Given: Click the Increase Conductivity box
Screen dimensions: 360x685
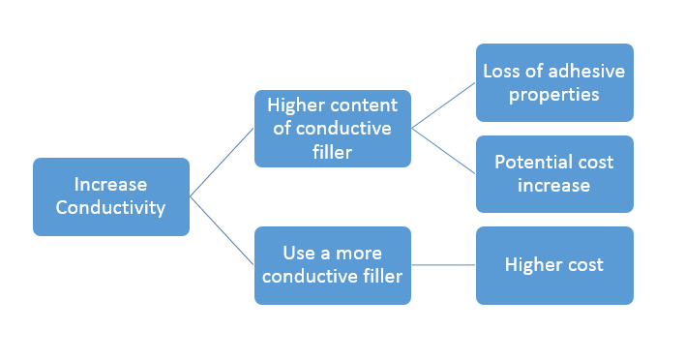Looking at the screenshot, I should click(x=110, y=196).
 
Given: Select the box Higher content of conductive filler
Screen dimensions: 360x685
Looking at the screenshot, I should click(x=332, y=128).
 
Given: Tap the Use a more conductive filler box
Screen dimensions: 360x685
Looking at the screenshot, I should click(x=332, y=264).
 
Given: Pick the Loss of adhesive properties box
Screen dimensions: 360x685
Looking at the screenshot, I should click(x=554, y=82).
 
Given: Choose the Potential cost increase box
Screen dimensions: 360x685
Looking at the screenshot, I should click(x=554, y=173).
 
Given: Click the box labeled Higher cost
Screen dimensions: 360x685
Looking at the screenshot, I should click(x=554, y=264).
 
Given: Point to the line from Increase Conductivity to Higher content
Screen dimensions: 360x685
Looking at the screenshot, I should click(x=222, y=163).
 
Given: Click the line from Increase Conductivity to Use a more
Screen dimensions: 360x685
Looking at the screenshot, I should click(x=222, y=230).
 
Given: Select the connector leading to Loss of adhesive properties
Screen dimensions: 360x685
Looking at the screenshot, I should click(x=444, y=105).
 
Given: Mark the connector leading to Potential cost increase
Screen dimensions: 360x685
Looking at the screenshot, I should click(x=444, y=151).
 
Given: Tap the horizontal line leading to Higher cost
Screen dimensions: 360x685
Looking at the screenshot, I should click(x=443, y=264).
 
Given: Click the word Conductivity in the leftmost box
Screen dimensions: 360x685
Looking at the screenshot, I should click(x=110, y=207).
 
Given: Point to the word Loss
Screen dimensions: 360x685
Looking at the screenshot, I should click(x=504, y=72).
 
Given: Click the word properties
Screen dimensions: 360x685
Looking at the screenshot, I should click(x=554, y=94).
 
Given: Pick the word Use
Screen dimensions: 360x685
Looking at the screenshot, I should click(x=299, y=254).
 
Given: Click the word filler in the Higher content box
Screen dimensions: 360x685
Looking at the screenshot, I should click(x=332, y=151).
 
